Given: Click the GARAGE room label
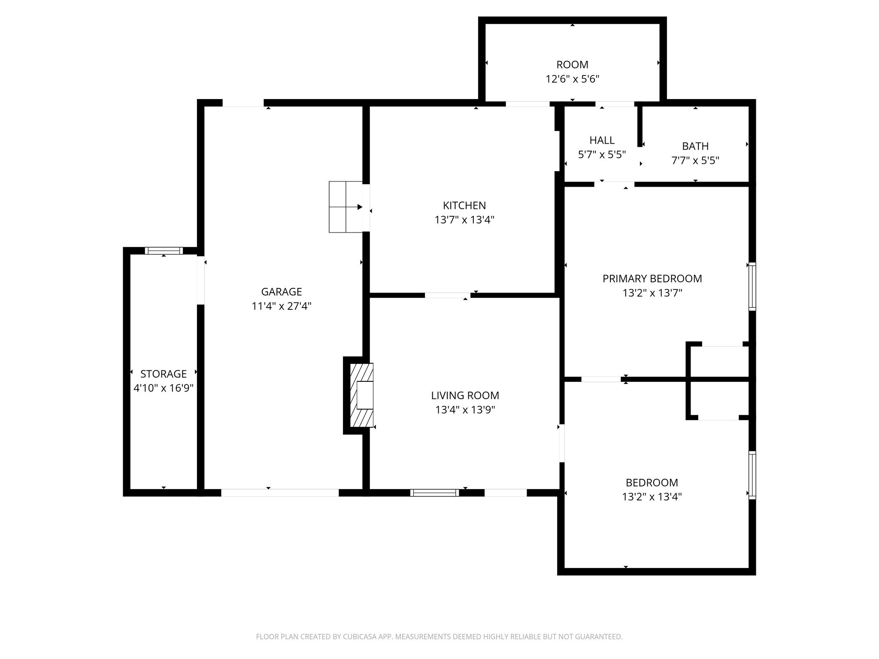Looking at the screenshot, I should [282, 292].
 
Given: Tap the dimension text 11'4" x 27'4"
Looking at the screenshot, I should [282, 306].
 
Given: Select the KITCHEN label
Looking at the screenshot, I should [464, 206].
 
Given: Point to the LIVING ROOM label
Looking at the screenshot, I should [465, 396].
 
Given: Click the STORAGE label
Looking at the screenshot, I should [164, 374].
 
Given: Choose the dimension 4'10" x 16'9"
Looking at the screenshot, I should [164, 388].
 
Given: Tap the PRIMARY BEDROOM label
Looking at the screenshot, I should [652, 279].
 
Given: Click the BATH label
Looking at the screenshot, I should [695, 146].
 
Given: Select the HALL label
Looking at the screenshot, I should [602, 140].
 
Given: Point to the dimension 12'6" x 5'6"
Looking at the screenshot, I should [572, 79].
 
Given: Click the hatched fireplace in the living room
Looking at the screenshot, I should [362, 395].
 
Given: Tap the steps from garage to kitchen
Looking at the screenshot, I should [346, 207].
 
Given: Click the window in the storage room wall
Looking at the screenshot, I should [164, 251].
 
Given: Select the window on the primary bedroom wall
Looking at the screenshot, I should [752, 286].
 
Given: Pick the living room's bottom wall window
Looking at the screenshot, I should [434, 493].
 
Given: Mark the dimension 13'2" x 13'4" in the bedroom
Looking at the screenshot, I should [652, 497].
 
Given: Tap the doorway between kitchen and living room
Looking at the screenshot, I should [447, 295].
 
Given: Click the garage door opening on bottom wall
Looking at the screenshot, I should [280, 493].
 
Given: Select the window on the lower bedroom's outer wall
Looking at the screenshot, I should [752, 475].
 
